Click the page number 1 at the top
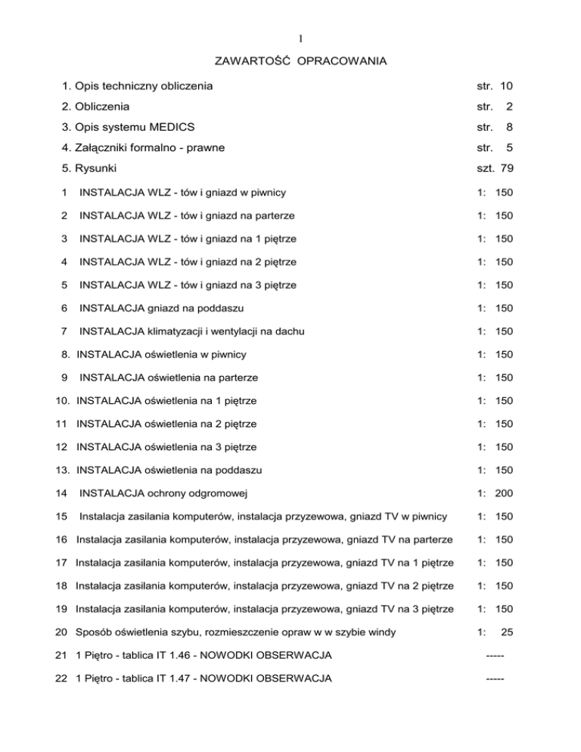click(x=290, y=36)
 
